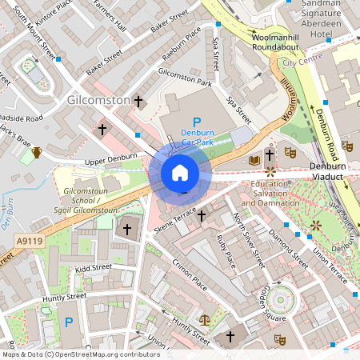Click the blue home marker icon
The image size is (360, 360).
(x=180, y=172)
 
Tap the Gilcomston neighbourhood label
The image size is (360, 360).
(x=99, y=100)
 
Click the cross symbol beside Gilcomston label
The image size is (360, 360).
(x=139, y=101)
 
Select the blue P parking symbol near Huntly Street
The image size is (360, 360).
(x=69, y=322)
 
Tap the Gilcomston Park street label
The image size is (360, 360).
(x=185, y=78)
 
